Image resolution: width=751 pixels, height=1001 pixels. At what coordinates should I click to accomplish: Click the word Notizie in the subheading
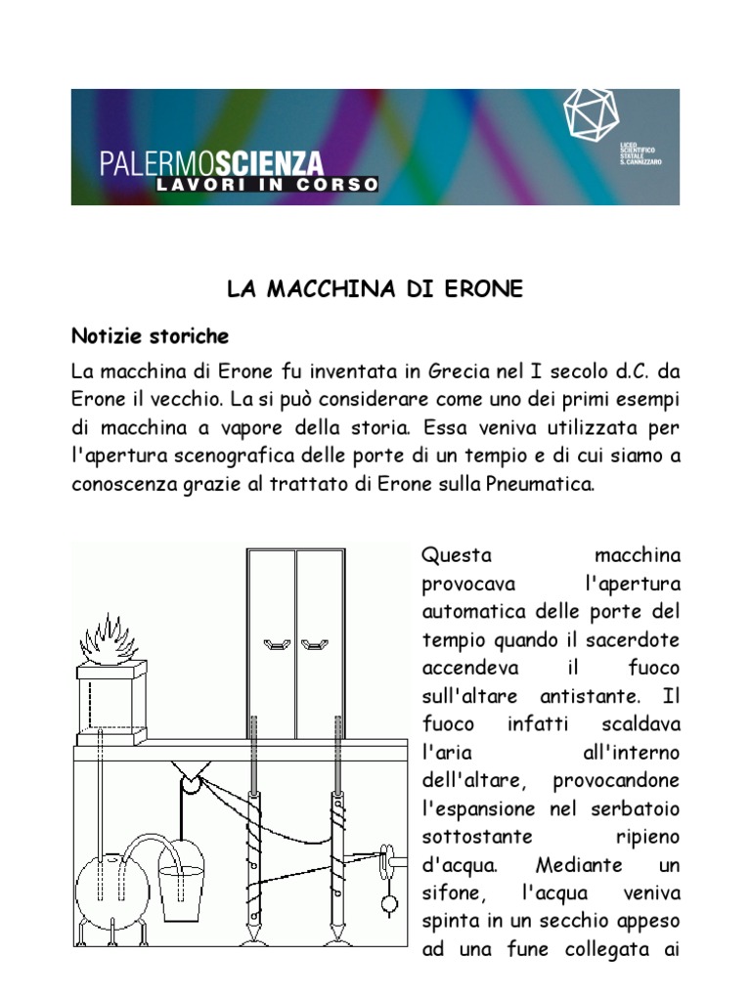pyautogui.click(x=105, y=337)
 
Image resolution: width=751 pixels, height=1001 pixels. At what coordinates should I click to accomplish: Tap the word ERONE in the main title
pyautogui.click(x=482, y=289)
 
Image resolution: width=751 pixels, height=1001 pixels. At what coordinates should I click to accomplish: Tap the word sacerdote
pyautogui.click(x=632, y=640)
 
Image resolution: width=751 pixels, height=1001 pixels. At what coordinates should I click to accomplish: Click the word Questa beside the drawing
pyautogui.click(x=454, y=555)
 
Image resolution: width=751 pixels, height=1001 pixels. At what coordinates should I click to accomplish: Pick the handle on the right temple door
pyautogui.click(x=313, y=643)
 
